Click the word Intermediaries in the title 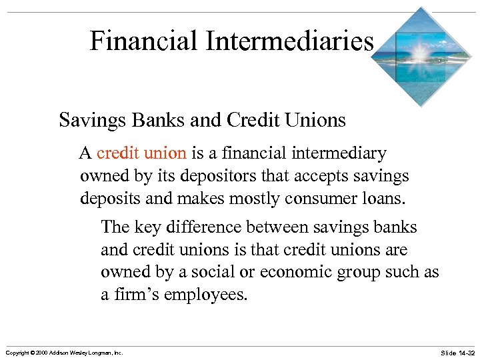289,41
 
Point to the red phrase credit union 141,153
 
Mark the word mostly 239,199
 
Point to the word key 148,227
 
